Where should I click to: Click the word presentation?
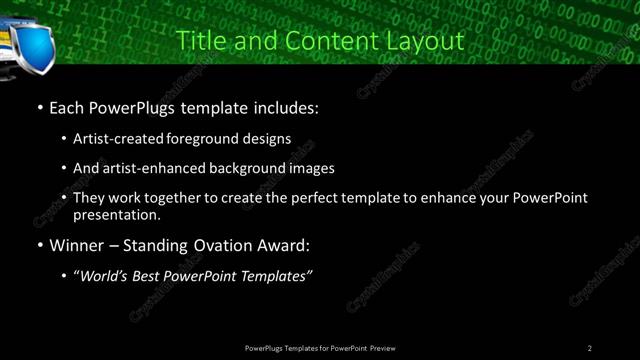point(117,214)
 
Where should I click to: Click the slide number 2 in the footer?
point(590,348)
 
